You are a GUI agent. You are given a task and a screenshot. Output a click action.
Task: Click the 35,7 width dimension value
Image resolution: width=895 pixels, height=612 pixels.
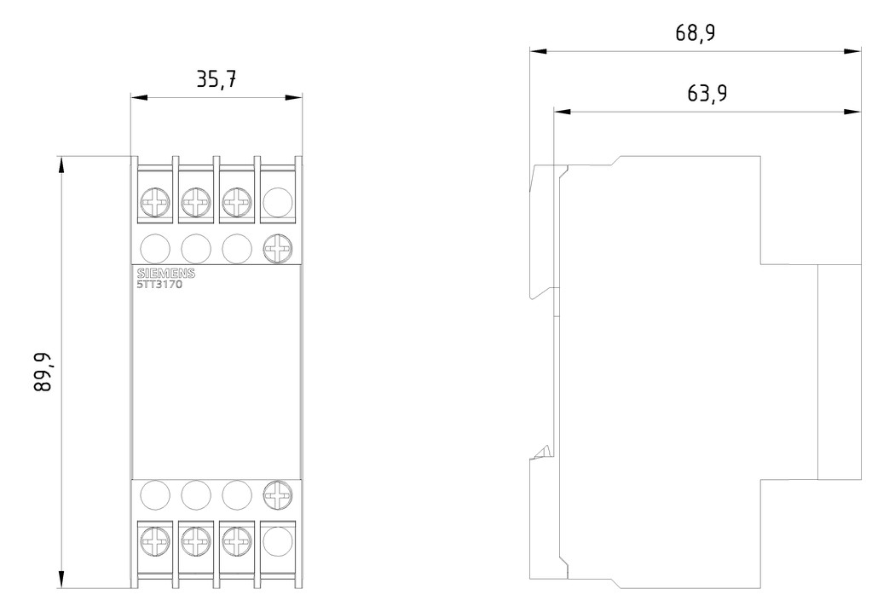point(217,79)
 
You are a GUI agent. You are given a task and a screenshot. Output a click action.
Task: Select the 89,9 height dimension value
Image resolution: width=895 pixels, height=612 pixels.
point(43,372)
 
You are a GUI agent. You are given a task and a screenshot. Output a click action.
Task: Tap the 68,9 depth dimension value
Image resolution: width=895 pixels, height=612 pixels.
point(696,33)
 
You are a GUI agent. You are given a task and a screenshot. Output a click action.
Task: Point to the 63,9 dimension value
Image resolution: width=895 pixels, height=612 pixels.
point(707,93)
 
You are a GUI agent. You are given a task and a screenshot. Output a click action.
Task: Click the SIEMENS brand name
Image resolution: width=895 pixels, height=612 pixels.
point(166,274)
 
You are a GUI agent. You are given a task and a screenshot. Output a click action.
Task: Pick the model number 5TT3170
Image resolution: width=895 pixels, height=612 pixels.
point(160,285)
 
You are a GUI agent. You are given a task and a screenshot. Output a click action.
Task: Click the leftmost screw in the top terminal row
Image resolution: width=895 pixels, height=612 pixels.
point(154,202)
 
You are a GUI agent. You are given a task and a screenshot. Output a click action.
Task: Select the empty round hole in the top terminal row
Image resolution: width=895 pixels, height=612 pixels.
point(278,202)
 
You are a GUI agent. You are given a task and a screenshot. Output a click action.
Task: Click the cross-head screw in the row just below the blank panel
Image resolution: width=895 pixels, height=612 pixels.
point(278,495)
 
